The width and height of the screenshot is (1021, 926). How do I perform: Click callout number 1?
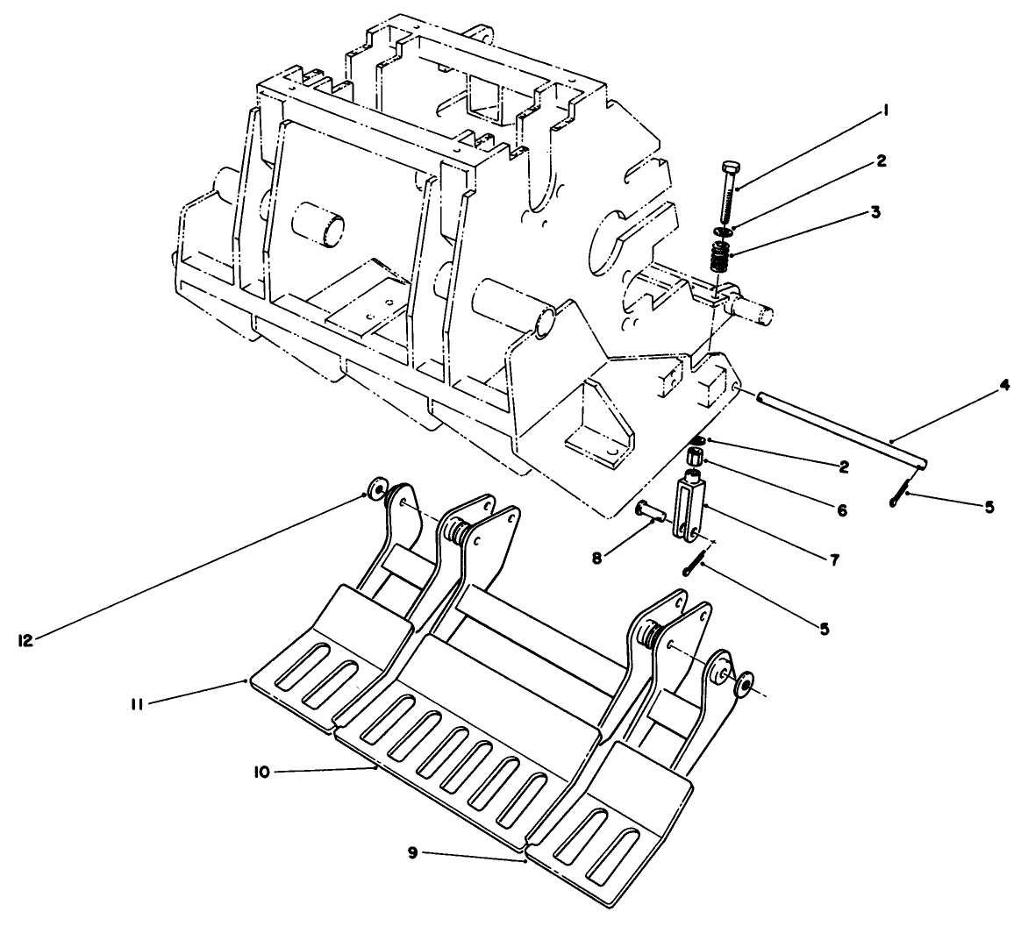(888, 111)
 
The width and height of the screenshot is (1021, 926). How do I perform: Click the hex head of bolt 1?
(732, 167)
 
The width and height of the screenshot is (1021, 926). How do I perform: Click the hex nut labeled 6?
(696, 458)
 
